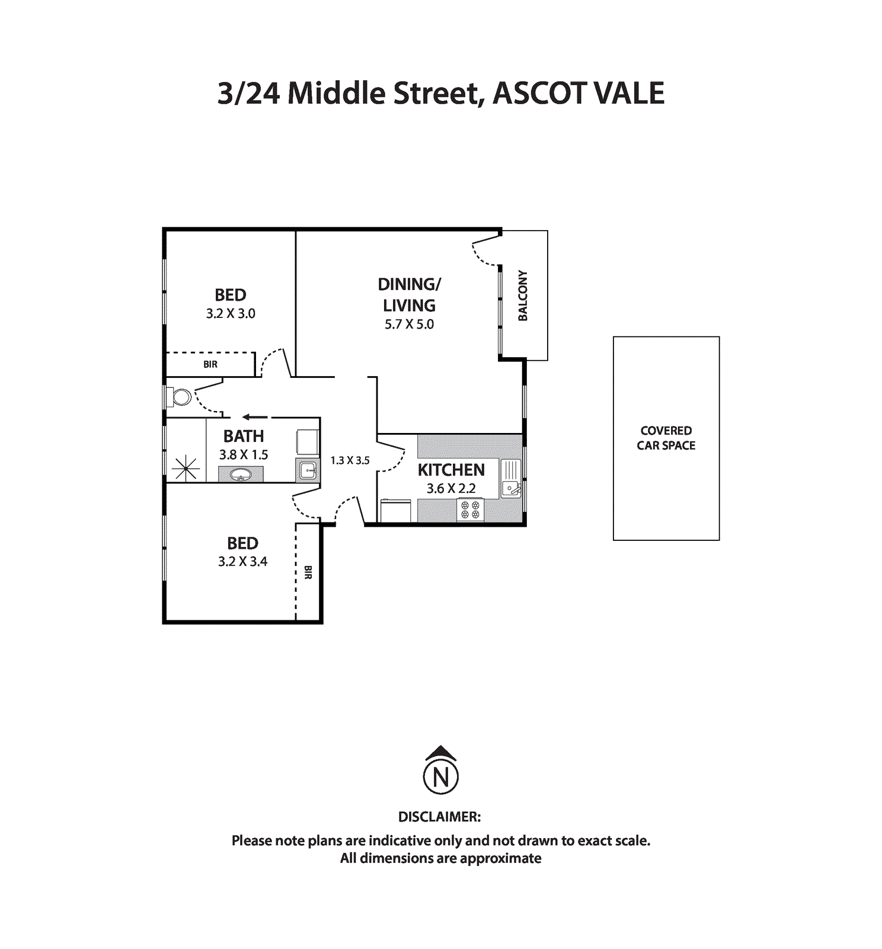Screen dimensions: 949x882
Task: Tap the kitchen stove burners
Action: pos(470,509)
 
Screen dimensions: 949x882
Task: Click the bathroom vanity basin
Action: pos(241,474)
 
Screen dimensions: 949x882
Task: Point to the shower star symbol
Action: pos(186,469)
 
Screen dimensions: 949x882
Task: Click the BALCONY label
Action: pos(523,295)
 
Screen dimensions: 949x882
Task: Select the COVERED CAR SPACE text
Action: pos(666,438)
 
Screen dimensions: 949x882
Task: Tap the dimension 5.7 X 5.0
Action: pos(409,324)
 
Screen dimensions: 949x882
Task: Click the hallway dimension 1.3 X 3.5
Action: pos(350,460)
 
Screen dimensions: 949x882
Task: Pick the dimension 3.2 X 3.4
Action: pos(242,561)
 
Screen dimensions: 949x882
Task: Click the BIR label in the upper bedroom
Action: pos(210,364)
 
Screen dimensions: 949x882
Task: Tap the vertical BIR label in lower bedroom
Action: pos(308,572)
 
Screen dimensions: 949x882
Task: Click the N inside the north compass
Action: pos(440,777)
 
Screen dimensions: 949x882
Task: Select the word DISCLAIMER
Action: pos(439,817)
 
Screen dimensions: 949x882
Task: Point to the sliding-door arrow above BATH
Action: pos(255,416)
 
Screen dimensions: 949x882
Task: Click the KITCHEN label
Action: pos(451,470)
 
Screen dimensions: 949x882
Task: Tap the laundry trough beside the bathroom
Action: pos(307,470)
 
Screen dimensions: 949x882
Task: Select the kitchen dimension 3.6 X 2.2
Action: pos(451,488)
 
